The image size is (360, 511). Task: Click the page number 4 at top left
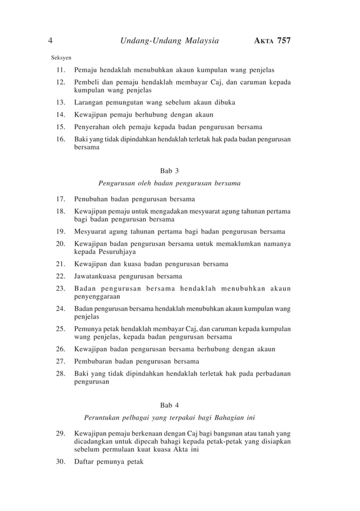point(51,40)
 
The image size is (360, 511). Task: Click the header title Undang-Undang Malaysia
point(170,40)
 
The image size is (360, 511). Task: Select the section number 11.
point(60,71)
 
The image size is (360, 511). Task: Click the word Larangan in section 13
point(90,103)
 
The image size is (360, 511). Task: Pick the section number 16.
point(60,139)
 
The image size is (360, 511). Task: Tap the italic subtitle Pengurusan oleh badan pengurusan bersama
point(169,183)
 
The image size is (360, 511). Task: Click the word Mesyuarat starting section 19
point(92,231)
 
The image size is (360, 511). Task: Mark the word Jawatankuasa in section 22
point(99,276)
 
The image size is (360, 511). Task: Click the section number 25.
point(60,329)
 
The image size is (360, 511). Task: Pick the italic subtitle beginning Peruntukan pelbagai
point(169,418)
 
